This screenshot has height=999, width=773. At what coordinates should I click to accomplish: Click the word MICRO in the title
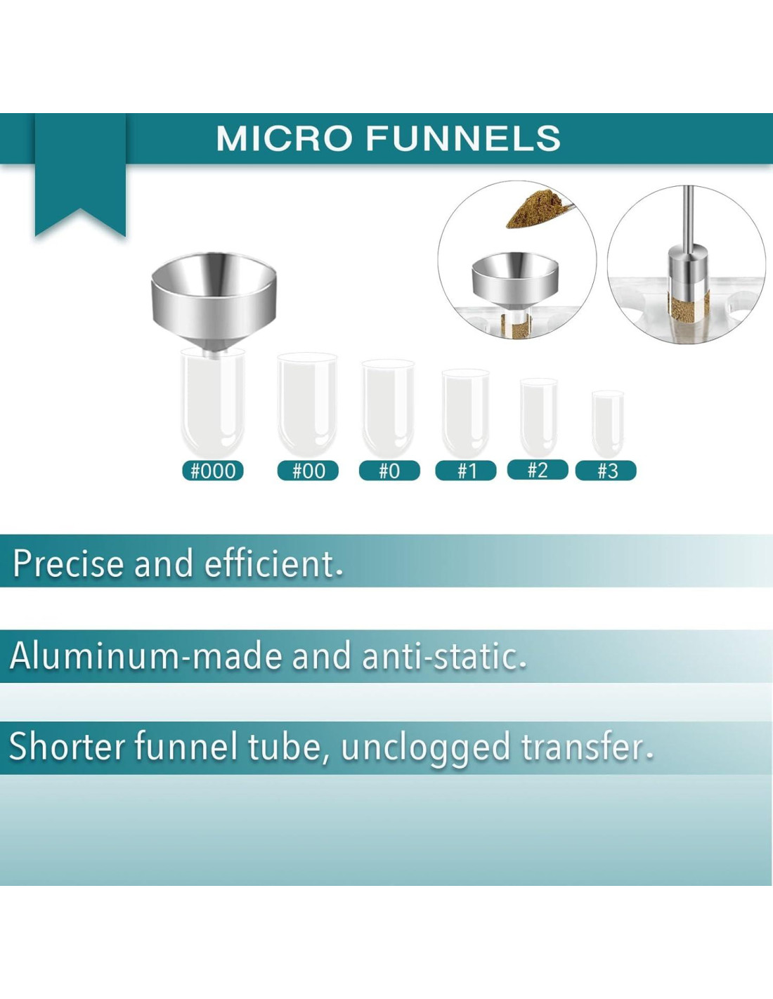287,138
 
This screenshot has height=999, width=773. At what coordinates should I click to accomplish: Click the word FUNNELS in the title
464,138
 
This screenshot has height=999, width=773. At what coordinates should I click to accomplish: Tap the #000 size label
212,471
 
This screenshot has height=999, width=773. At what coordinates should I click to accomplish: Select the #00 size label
308,471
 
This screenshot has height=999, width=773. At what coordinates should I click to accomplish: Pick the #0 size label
389,471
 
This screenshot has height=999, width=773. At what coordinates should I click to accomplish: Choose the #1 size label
466,471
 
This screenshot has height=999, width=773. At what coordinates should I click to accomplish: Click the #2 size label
538,470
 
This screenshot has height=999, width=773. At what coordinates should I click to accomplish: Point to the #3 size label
606,471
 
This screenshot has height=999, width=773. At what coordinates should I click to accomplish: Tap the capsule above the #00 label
308,404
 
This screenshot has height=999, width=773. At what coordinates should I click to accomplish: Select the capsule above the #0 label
388,407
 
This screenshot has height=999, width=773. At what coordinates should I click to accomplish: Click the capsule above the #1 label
465,412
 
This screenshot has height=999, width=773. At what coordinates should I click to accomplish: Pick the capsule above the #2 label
539,417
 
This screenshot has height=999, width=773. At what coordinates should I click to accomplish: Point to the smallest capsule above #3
608,424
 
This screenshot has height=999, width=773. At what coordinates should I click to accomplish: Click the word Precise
69,563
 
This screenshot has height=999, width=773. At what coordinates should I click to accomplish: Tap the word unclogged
425,748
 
